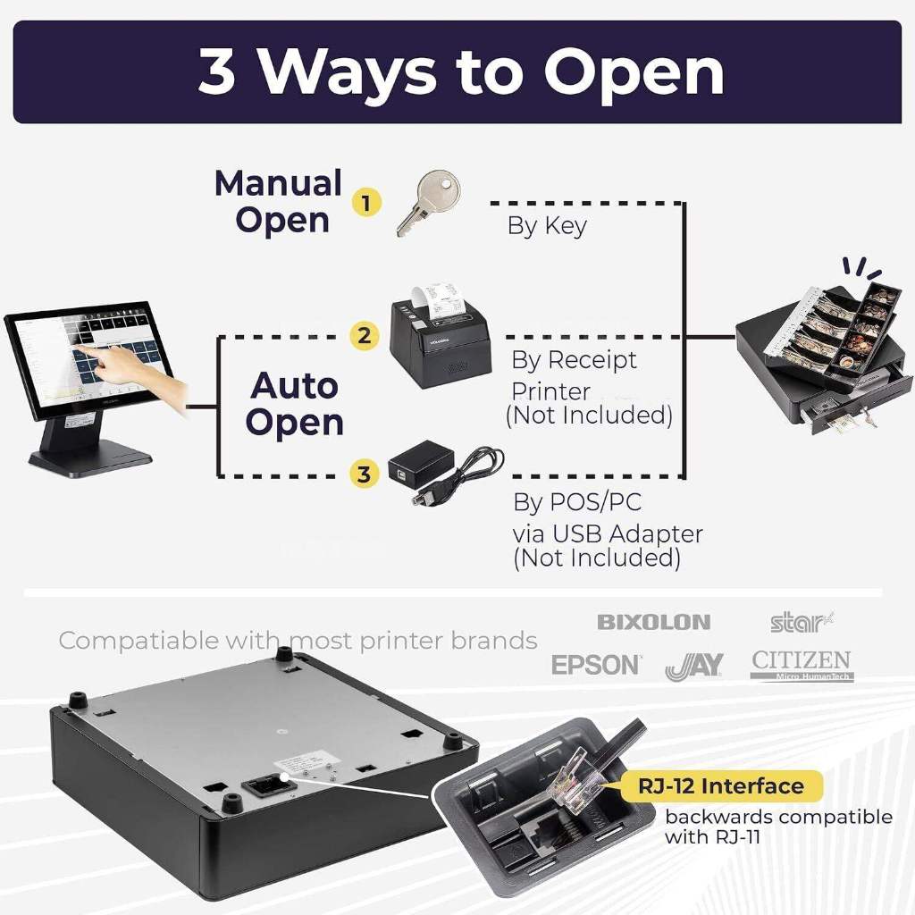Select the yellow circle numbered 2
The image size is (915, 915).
click(x=363, y=337)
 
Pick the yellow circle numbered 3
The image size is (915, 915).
click(x=363, y=474)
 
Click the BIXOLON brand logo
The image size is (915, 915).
click(x=653, y=622)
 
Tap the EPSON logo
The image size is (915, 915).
click(x=596, y=665)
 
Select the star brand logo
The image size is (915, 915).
click(x=801, y=621)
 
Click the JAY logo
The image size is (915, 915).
click(x=694, y=666)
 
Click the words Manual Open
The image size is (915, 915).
click(x=278, y=201)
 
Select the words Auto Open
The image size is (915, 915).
click(x=294, y=404)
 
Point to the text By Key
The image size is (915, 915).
click(x=547, y=226)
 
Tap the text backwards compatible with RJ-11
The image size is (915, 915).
click(x=777, y=827)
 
